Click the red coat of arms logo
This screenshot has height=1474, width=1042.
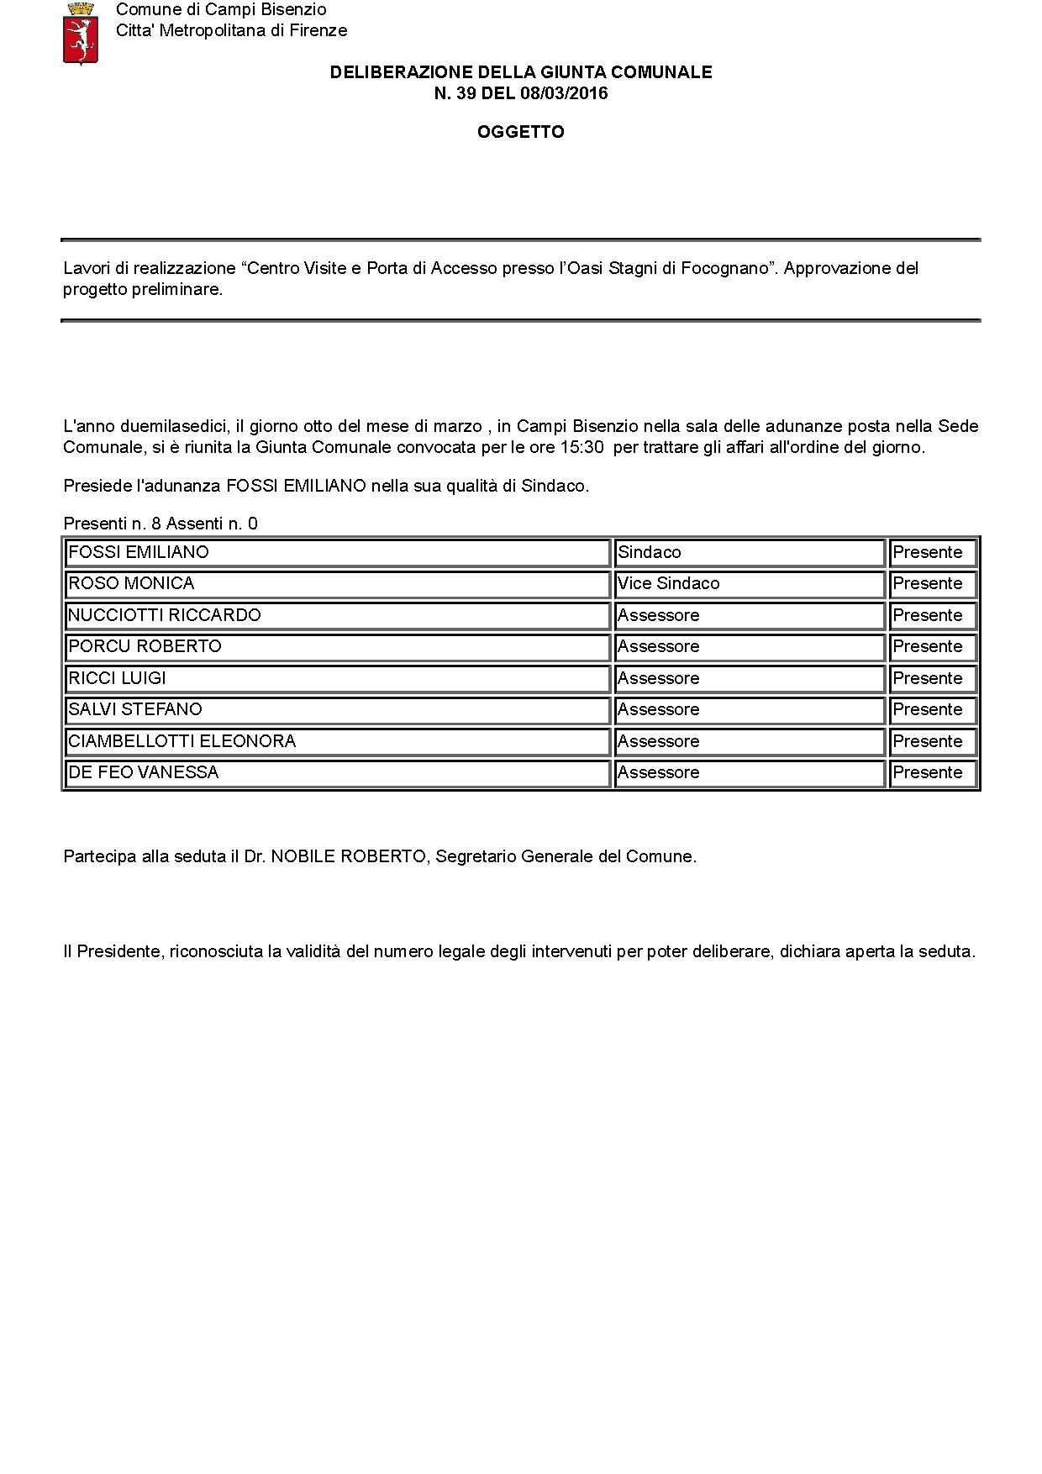[x=81, y=34]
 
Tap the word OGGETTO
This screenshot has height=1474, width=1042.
[x=520, y=132]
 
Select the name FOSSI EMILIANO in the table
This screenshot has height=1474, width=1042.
[x=139, y=552]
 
